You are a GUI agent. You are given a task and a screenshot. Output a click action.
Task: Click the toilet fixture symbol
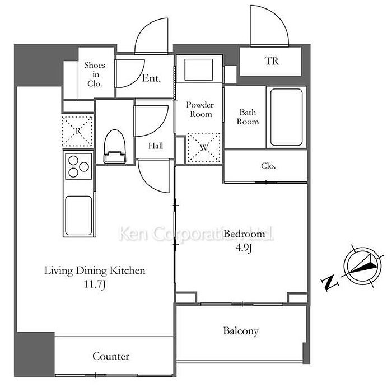115,147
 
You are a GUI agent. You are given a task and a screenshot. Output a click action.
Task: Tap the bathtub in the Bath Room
287,117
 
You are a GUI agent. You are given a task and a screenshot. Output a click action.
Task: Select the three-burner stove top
78,166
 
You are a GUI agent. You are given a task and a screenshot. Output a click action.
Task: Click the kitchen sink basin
78,216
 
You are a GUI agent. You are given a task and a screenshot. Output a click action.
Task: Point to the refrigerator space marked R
77,131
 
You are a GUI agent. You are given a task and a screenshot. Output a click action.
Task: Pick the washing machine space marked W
204,147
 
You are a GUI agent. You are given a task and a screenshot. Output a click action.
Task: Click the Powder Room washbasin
198,69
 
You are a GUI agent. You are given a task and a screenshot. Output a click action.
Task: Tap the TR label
272,61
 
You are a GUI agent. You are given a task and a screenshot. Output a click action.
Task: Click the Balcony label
241,331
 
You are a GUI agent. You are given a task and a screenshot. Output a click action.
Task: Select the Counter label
111,356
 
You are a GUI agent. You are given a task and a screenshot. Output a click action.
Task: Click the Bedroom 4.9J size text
244,248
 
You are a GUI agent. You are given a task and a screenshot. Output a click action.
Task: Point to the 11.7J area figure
95,284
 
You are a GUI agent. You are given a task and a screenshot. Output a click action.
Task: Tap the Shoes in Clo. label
95,74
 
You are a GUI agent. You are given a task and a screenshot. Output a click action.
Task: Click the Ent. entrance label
151,78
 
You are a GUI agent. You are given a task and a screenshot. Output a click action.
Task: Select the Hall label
156,146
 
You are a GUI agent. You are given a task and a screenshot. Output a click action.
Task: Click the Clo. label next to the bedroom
268,166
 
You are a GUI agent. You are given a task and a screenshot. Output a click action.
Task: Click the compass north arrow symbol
362,266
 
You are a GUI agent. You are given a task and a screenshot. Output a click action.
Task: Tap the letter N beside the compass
330,282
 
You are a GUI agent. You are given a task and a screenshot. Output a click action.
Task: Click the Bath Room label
248,117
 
